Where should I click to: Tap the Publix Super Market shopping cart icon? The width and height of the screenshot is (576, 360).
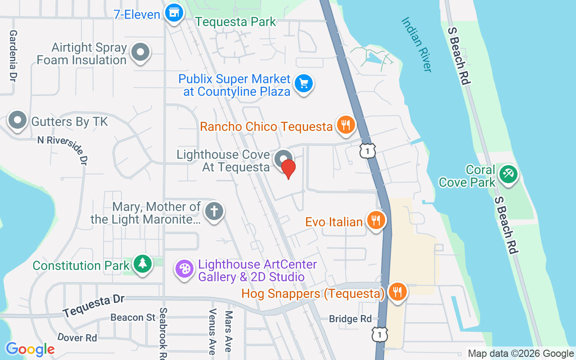[x=304, y=83]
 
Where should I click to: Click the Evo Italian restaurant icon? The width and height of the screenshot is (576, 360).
[x=375, y=220]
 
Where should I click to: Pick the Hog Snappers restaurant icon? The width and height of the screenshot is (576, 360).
[x=397, y=292]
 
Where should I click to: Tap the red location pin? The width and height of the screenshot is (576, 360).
[x=288, y=168]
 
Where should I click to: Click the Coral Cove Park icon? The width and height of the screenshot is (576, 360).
[x=509, y=173]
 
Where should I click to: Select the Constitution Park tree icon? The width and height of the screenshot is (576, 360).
[x=143, y=264]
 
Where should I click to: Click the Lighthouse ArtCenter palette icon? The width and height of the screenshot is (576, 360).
[x=184, y=269]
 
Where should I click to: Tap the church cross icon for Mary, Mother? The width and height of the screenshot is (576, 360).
[x=214, y=211]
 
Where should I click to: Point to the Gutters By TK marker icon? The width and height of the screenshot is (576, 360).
[x=18, y=121]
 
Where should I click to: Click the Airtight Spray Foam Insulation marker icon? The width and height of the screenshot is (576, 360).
[x=140, y=52]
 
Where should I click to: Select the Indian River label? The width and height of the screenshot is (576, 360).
[x=417, y=44]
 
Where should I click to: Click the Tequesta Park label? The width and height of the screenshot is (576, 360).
[x=236, y=21]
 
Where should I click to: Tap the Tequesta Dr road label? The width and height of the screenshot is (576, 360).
[x=94, y=306]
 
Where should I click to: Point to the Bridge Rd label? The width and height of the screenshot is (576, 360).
[x=351, y=319]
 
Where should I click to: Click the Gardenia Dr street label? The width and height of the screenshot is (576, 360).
[x=13, y=56]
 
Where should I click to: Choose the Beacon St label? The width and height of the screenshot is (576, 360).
[x=133, y=317]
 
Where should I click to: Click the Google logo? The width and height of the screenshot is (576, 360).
[x=30, y=349]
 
